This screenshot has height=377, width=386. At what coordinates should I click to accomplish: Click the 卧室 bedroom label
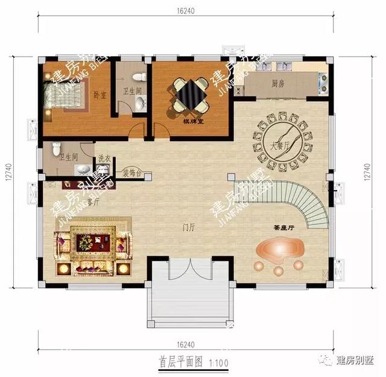[x=100, y=95]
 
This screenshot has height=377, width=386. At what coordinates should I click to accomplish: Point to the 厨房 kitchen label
[x=277, y=84]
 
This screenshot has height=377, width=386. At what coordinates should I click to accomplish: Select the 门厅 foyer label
[x=188, y=228]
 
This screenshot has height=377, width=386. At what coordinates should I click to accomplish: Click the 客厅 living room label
[x=92, y=203]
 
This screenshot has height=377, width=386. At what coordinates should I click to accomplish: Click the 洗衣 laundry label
[x=104, y=159]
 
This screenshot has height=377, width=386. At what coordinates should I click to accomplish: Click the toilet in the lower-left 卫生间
[x=56, y=147]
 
